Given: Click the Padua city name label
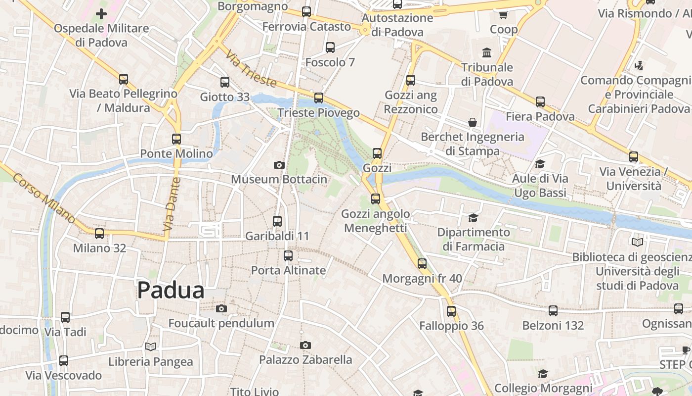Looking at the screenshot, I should tap(171, 290).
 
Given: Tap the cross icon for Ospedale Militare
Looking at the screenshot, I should tap(101, 14).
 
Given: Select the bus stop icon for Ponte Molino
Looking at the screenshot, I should tap(176, 139).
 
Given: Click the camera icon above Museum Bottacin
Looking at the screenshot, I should tap(279, 165).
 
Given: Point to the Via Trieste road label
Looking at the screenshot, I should tap(251, 69).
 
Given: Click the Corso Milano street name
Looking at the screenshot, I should tap(44, 198).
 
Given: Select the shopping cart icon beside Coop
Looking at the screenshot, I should tap(504, 15).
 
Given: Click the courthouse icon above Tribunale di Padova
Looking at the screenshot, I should tap(487, 52).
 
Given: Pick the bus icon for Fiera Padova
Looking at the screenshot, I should tap(540, 102).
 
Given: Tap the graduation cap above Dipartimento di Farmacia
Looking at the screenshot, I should tap(473, 218).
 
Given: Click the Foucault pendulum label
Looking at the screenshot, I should tap(221, 323).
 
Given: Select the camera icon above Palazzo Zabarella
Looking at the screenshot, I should tap(305, 345).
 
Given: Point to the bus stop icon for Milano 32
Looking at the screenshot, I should tap(99, 234).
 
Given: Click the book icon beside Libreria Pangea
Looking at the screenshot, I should tap(151, 347).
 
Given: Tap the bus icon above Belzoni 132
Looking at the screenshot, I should tap(553, 311).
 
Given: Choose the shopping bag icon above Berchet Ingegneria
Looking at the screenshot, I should tap(473, 122).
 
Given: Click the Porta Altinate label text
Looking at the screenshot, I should tap(288, 270).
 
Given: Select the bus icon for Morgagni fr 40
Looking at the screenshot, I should tap(422, 264).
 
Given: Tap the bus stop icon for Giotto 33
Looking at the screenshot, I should tap(225, 82).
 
